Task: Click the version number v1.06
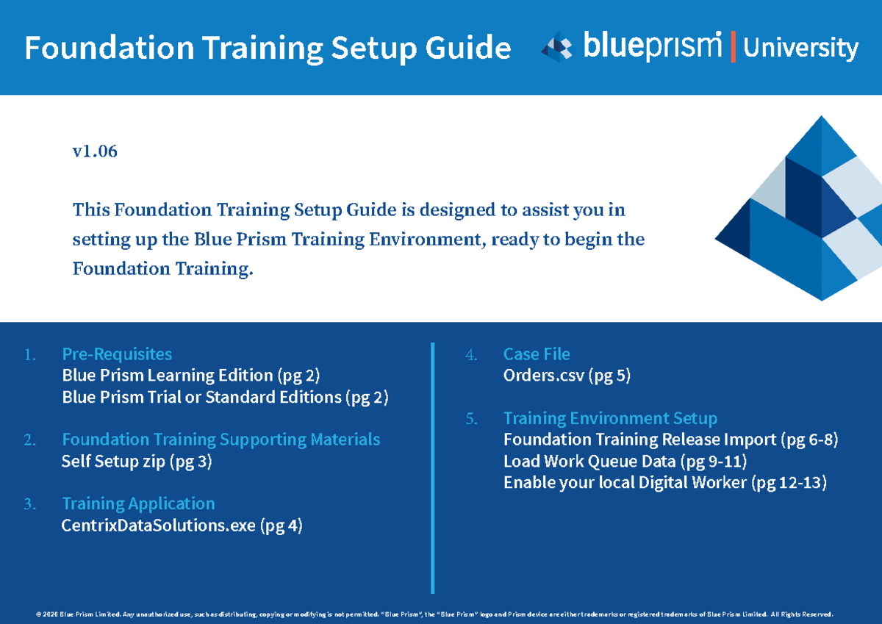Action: point(95,152)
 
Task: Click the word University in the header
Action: point(800,49)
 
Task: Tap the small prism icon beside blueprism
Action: point(556,46)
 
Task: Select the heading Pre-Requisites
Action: point(117,354)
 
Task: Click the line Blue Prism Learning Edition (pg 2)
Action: point(191,376)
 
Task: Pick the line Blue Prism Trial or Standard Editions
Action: point(225,398)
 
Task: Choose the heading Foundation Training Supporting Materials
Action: point(221,440)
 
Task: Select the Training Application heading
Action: point(138,503)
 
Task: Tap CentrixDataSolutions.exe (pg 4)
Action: point(182,526)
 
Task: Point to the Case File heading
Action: point(537,354)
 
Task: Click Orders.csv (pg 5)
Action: point(567,376)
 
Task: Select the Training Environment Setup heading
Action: point(610,418)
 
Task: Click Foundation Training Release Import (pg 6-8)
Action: point(670,440)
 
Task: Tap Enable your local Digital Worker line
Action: point(665,483)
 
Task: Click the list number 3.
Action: point(29,504)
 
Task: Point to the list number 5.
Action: point(471,419)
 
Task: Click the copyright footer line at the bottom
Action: point(434,614)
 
